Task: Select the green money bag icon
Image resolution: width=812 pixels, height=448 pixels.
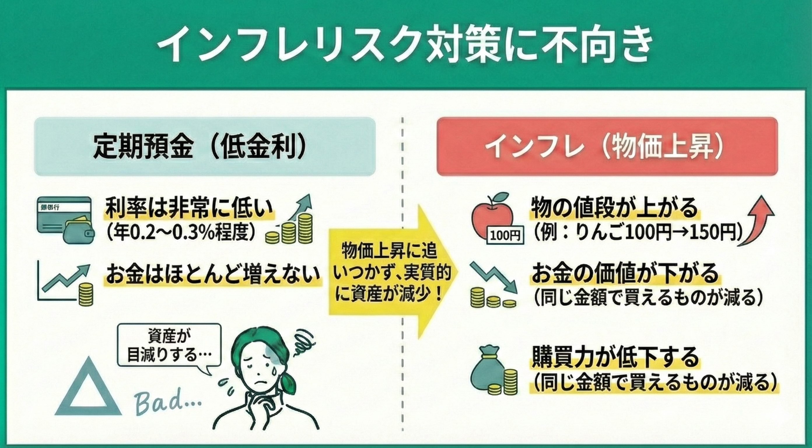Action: (x=487, y=367)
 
